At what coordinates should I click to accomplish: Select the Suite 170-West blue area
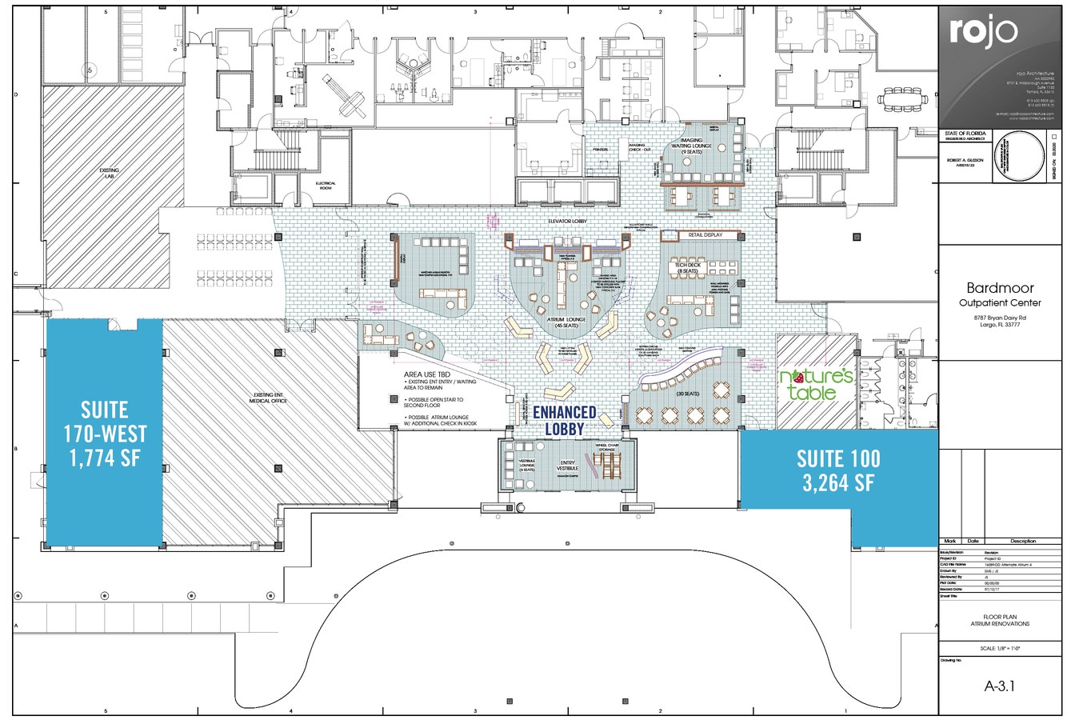point(105,433)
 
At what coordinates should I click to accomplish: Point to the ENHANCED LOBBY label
point(565,420)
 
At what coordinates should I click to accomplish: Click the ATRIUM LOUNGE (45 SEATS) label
point(566,322)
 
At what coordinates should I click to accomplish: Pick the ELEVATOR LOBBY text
point(569,219)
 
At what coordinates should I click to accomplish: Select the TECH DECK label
point(687,267)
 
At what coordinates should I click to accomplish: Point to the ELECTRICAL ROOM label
point(326,185)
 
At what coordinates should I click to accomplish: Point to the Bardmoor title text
point(1001,287)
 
